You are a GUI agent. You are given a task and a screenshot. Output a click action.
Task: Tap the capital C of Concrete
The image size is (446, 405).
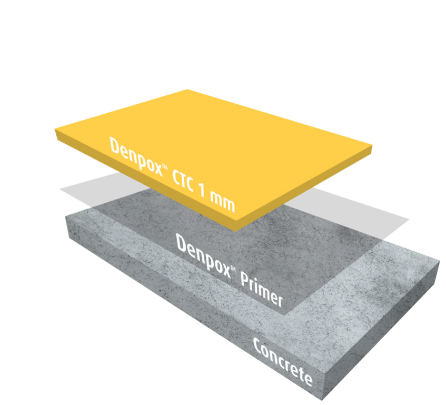click(258, 345)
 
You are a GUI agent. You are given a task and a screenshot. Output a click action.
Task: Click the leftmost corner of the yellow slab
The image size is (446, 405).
click(55, 132)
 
